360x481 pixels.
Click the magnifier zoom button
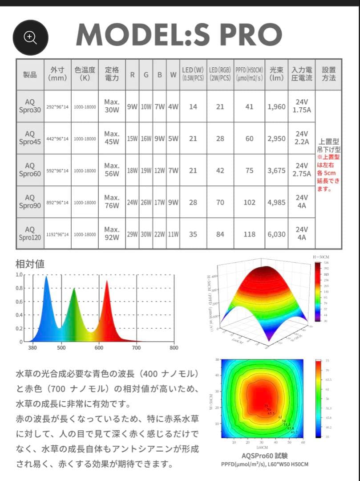point(30,37)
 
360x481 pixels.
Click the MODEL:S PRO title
point(179,34)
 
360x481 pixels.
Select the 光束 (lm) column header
point(276,74)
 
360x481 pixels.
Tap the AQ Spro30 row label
point(30,106)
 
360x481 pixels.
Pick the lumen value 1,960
point(276,106)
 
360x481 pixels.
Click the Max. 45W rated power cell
point(112,138)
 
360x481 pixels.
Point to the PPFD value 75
point(250,170)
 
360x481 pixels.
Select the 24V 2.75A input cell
point(302,170)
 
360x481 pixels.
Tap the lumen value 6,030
point(276,234)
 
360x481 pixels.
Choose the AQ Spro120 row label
point(30,233)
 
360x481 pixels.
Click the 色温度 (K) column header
point(85,74)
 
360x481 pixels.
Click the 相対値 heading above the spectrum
point(30,264)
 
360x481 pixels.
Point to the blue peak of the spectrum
point(46,278)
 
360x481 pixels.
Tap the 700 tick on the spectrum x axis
point(136,348)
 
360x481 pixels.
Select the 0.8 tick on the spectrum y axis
point(19,288)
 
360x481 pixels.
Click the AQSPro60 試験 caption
point(264,456)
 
